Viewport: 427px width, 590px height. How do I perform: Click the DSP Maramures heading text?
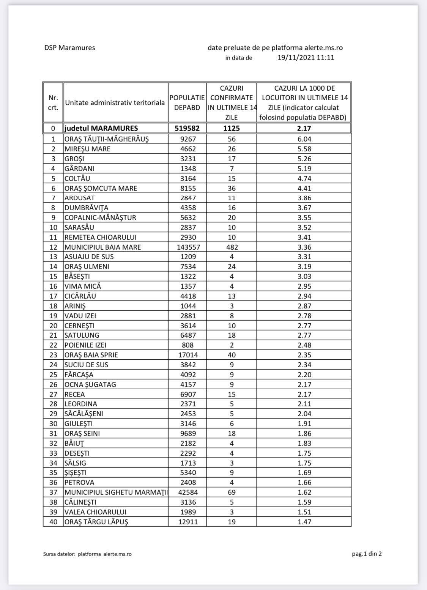(69, 48)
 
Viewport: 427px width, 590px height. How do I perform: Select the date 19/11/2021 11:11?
(306, 58)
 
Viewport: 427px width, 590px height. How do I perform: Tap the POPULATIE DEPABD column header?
(187, 102)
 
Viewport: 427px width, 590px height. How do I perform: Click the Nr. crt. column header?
(53, 102)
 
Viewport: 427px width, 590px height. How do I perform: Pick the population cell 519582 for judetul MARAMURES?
(187, 128)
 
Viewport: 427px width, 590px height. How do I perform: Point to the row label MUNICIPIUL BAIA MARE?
(102, 247)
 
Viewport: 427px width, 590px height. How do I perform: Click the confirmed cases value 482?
(232, 247)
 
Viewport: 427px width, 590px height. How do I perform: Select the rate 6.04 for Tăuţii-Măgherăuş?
(304, 139)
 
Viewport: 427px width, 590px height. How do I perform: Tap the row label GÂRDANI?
(79, 168)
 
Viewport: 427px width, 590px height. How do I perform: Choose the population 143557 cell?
(187, 247)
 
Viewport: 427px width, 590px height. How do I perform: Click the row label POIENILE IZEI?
(85, 345)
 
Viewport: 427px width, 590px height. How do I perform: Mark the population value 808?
(188, 345)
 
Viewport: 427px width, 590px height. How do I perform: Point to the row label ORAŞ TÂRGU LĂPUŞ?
(96, 522)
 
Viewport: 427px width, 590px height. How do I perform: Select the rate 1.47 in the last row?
(304, 522)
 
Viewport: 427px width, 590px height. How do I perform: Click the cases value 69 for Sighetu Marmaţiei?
(232, 492)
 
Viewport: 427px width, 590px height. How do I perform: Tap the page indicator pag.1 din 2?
(367, 554)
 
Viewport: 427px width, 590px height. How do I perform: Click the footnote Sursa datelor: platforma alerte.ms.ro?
(87, 554)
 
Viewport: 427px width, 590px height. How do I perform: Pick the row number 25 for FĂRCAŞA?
(54, 374)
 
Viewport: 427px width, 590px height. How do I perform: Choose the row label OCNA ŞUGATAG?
(90, 384)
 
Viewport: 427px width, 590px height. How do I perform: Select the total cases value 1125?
(232, 128)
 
